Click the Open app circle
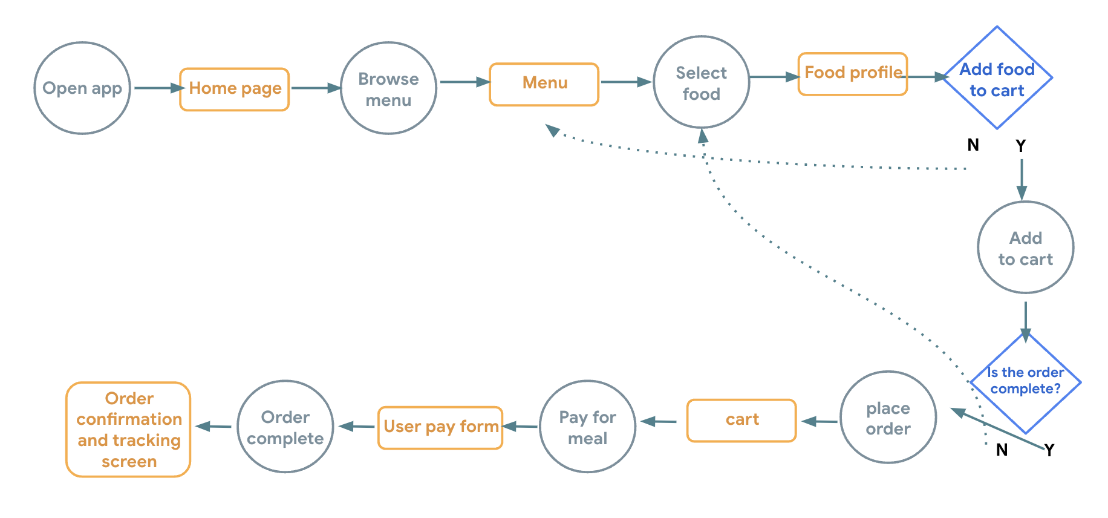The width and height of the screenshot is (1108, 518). (x=82, y=88)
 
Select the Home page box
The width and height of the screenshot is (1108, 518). (x=235, y=89)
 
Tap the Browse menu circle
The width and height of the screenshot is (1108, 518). (x=388, y=88)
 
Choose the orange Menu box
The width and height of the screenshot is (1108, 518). (x=544, y=84)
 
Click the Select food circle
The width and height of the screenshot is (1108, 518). (x=701, y=83)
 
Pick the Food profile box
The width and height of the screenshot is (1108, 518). (x=852, y=74)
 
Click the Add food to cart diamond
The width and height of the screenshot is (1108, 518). (x=997, y=79)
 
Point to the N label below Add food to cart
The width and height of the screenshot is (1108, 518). (x=973, y=145)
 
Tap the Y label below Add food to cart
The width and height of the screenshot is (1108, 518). (x=1021, y=146)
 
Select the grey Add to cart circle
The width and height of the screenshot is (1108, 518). (x=1025, y=248)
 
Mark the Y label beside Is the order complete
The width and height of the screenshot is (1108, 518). (x=1049, y=450)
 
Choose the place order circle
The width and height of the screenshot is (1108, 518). (x=888, y=418)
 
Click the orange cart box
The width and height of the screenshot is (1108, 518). (x=741, y=420)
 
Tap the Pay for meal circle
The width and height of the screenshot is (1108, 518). (x=587, y=427)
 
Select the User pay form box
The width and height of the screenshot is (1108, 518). (x=440, y=427)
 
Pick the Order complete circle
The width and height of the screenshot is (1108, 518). (x=285, y=427)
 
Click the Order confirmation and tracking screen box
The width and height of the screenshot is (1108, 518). (x=128, y=430)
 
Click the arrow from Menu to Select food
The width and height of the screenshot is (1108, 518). (x=626, y=82)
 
